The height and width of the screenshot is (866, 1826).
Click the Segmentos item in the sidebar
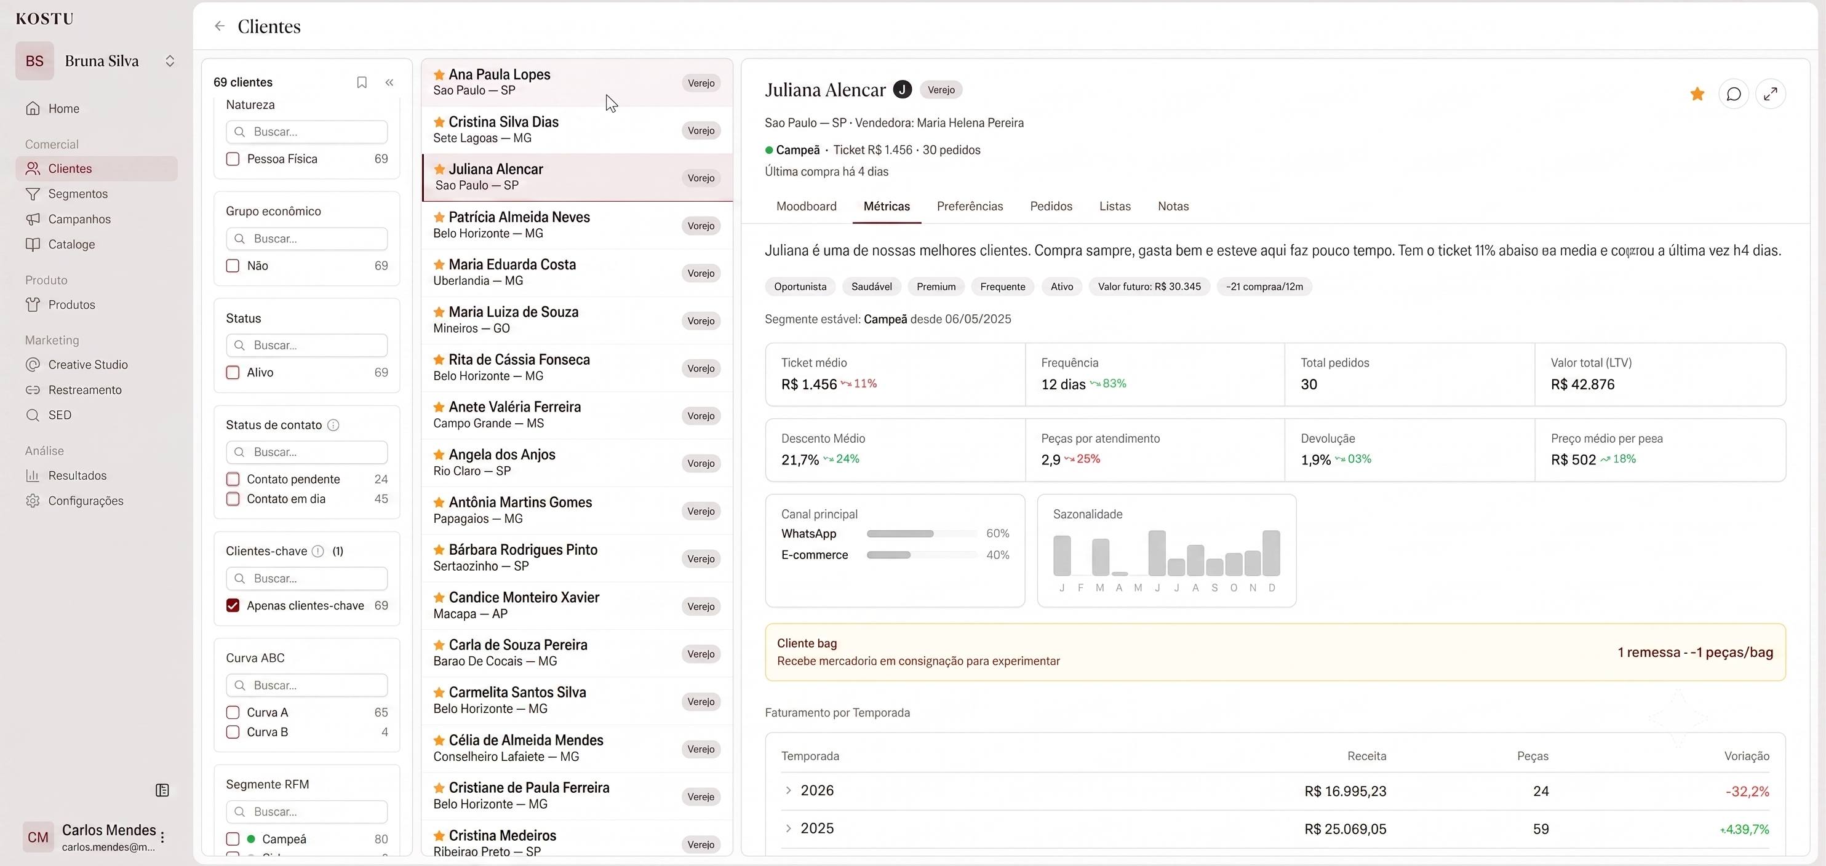(x=78, y=194)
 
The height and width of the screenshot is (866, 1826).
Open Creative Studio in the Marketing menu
(x=88, y=364)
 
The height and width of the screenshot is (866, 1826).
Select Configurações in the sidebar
(x=86, y=500)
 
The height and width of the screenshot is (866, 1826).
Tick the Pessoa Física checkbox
(x=233, y=159)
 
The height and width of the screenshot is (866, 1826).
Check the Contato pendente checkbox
(x=233, y=479)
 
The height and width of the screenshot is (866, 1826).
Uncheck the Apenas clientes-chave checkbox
(x=233, y=605)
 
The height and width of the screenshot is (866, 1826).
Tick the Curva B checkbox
(x=233, y=732)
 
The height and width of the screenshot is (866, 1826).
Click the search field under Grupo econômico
(x=307, y=238)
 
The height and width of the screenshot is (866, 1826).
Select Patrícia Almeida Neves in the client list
(x=519, y=217)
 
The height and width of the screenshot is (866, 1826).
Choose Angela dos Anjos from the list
(x=502, y=455)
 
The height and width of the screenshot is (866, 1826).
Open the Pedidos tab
(x=1051, y=206)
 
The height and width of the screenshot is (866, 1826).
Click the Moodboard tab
(x=806, y=206)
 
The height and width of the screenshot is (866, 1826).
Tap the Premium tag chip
(x=936, y=286)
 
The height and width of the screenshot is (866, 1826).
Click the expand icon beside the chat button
(x=1771, y=93)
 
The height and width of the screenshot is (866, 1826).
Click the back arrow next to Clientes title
(x=220, y=26)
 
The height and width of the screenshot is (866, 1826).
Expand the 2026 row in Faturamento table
(x=788, y=790)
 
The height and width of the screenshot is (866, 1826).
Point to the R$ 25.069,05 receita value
(x=1346, y=828)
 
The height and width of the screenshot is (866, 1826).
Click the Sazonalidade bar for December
(x=1272, y=553)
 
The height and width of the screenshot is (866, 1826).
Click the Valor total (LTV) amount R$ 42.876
(x=1582, y=384)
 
